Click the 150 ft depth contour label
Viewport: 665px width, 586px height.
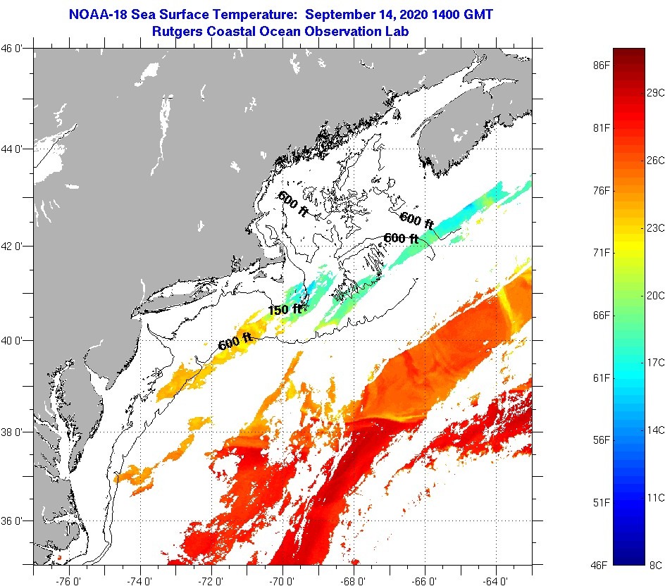click(x=285, y=309)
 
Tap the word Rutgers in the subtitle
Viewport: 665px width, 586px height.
click(x=178, y=32)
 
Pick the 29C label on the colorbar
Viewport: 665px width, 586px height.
click(x=656, y=92)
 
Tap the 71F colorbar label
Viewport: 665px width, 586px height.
click(x=601, y=253)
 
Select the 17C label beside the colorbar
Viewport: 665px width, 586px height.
click(x=656, y=362)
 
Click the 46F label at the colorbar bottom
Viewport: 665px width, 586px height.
click(x=601, y=565)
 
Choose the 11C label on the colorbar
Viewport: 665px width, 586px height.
click(x=656, y=497)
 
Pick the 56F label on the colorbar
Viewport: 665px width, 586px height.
click(x=601, y=440)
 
